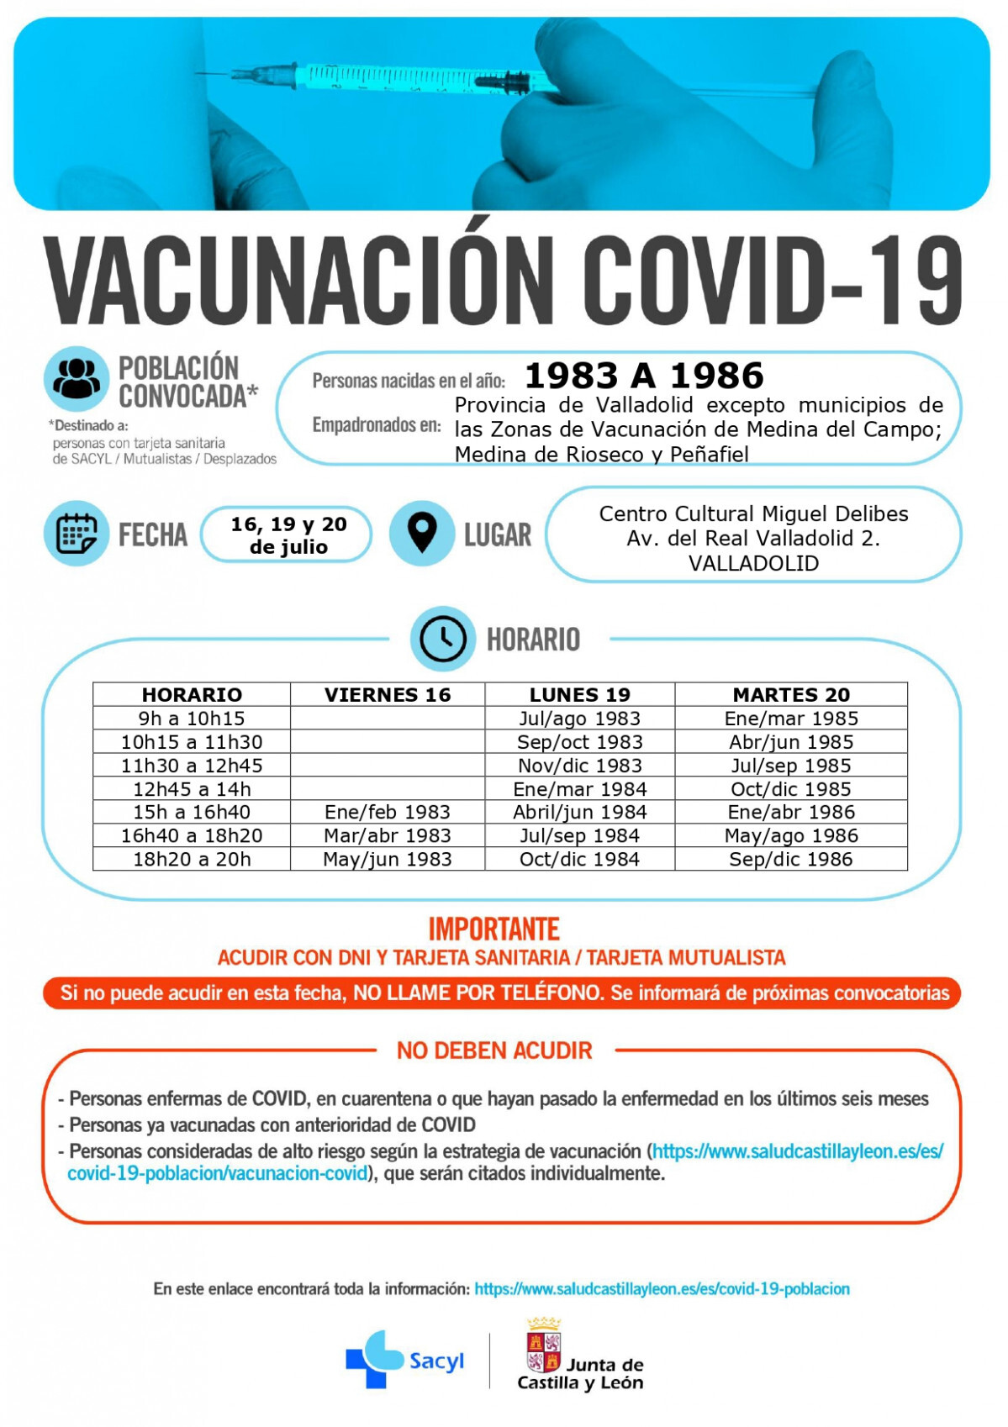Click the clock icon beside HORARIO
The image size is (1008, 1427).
click(443, 639)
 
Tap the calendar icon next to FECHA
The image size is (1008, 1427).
click(77, 534)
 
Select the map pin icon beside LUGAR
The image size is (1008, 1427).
click(422, 533)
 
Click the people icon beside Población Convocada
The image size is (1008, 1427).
click(77, 379)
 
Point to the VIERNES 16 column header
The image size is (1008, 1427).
click(388, 695)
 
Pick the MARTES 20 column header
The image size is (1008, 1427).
click(791, 695)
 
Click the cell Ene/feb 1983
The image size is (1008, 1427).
click(388, 812)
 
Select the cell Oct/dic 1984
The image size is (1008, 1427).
click(579, 859)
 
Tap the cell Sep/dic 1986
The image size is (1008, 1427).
click(791, 859)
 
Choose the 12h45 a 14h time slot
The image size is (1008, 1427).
click(192, 789)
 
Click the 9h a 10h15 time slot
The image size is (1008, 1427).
click(192, 719)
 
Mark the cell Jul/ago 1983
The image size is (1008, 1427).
click(579, 719)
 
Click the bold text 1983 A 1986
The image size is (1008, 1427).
click(644, 376)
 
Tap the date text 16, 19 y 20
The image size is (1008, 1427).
click(288, 524)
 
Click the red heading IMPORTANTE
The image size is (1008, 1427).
click(493, 929)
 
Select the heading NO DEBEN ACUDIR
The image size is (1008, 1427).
click(494, 1051)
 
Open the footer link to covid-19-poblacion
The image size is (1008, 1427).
click(662, 1289)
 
